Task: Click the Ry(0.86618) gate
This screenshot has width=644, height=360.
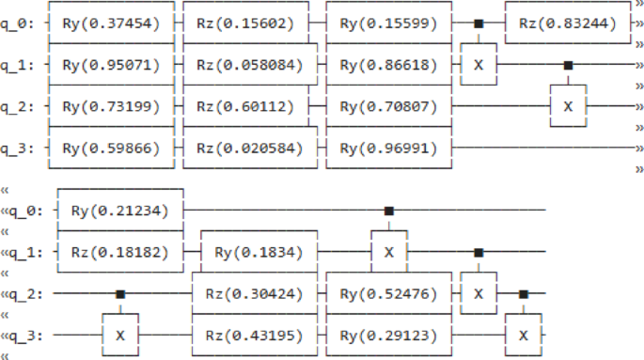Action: [x=388, y=65]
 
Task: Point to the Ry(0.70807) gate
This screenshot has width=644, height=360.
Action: [x=388, y=106]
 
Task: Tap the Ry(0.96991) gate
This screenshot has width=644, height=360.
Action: [x=388, y=148]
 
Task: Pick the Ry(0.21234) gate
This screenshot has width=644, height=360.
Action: [x=119, y=211]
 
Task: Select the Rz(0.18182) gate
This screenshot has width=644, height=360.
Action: [x=119, y=252]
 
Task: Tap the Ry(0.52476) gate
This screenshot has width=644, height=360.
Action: [x=388, y=293]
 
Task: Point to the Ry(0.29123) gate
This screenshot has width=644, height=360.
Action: [x=388, y=335]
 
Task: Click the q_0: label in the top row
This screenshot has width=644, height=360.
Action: [x=19, y=23]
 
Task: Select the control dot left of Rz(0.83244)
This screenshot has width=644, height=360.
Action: [x=479, y=23]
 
